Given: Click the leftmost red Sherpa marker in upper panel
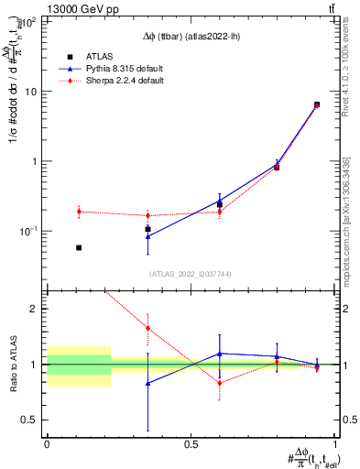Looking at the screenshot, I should tap(79, 212).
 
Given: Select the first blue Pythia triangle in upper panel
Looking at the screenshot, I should tap(148, 236).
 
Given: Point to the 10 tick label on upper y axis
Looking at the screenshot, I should tap(33, 92).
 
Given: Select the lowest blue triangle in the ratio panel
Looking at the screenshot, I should tap(148, 383).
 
